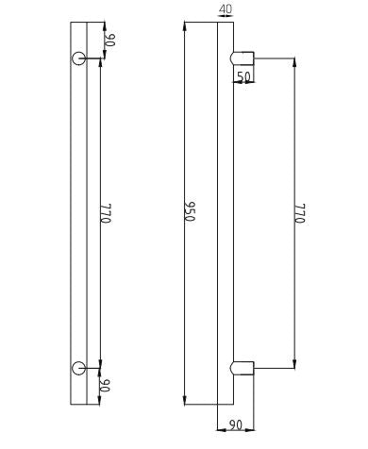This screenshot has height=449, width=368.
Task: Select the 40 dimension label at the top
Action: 226,9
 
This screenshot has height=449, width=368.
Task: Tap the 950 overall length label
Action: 191,211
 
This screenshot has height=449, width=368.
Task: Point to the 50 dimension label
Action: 243,76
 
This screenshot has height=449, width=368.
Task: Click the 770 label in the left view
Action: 106,213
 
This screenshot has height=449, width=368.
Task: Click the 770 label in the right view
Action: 300,213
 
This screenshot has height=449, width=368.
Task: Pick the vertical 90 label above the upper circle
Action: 110,40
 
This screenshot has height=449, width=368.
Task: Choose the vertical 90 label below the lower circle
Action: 106,386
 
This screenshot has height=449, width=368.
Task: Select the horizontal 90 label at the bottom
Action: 236,425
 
